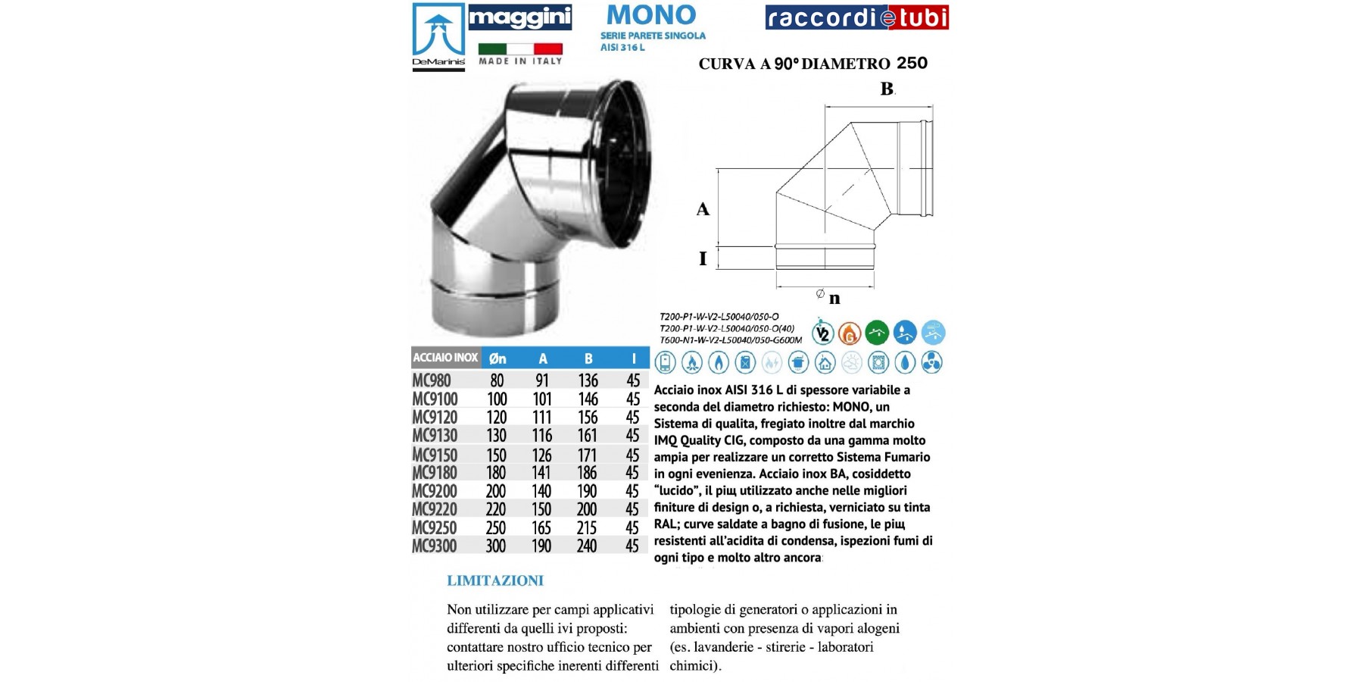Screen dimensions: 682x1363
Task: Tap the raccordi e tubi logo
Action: tap(856, 17)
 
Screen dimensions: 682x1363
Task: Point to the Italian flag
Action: tap(520, 48)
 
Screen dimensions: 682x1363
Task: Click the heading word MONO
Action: tap(651, 15)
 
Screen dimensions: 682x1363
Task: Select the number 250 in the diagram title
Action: tap(912, 63)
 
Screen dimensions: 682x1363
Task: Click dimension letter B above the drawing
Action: tap(887, 89)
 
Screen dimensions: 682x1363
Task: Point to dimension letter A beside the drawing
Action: tap(703, 209)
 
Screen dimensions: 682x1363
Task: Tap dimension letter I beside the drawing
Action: tap(703, 258)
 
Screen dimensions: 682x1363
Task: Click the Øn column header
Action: tap(497, 358)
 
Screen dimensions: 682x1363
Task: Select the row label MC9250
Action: tap(435, 527)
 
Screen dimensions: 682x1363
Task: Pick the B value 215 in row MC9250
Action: tap(587, 527)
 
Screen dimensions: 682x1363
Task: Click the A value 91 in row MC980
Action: tap(542, 380)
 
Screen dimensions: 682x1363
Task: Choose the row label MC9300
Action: tap(435, 546)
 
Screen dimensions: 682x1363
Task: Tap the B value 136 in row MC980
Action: tap(588, 380)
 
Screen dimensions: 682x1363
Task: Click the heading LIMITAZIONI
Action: tap(495, 581)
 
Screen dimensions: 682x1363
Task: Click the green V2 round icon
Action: tap(822, 333)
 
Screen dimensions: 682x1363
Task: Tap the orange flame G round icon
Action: tap(850, 333)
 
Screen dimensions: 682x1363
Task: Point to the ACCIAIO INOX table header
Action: tap(445, 358)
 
